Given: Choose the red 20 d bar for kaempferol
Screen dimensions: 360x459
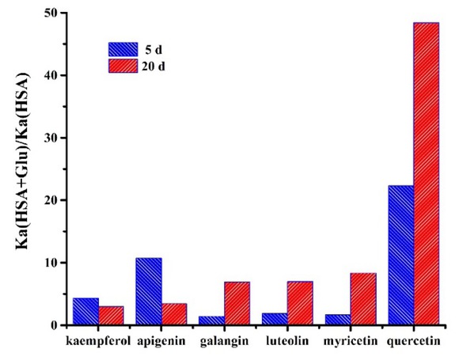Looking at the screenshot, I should click(x=111, y=315).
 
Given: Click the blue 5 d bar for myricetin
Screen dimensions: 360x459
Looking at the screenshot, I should click(x=338, y=320).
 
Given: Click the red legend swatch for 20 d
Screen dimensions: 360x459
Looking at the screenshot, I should click(x=123, y=65).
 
